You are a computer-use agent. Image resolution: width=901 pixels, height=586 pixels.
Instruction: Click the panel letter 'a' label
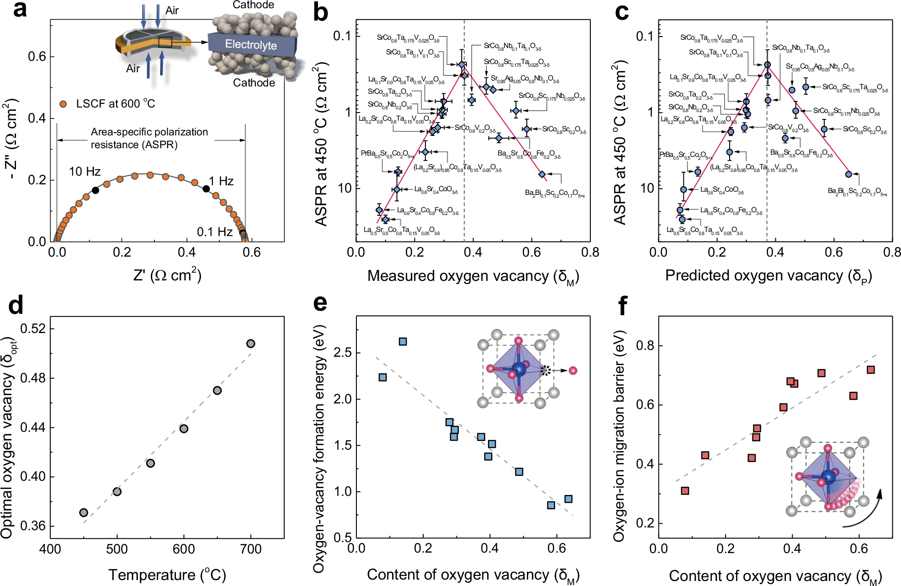click(20, 10)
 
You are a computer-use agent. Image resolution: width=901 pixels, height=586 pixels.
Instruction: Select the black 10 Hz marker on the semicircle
click(95, 190)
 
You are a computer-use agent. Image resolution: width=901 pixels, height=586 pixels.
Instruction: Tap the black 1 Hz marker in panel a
click(206, 189)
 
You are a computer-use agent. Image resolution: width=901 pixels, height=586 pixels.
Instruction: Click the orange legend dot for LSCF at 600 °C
click(64, 104)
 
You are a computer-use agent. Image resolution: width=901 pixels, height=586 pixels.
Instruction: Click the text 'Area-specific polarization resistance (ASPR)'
click(149, 138)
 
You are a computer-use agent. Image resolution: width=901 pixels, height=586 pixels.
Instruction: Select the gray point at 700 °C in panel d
click(250, 344)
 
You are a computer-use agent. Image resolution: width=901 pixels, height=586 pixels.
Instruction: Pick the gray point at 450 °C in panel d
click(84, 512)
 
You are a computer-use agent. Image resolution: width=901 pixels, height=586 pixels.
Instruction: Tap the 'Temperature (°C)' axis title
click(167, 575)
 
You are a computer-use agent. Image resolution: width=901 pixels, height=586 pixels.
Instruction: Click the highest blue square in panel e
click(403, 342)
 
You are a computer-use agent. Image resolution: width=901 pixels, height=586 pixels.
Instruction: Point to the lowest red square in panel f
click(685, 491)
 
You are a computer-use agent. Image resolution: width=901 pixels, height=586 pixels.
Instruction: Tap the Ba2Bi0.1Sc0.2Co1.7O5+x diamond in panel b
click(542, 174)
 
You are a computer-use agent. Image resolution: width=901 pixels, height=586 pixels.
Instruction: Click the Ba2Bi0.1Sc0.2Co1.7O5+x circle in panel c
click(848, 174)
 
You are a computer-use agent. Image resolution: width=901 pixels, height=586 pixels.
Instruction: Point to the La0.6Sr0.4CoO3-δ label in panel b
click(436, 189)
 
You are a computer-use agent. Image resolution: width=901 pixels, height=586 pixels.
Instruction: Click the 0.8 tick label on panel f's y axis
click(645, 346)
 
